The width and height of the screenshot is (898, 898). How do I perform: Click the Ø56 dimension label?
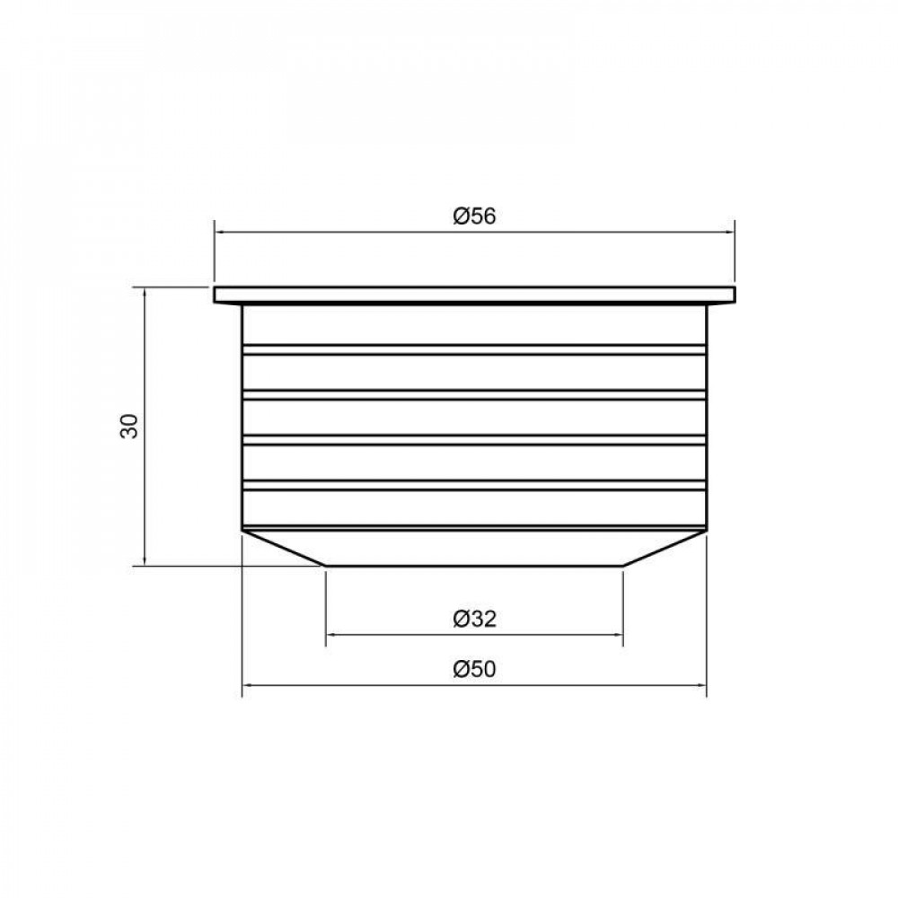point(474,216)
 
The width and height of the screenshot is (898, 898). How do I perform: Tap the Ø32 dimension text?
point(474,619)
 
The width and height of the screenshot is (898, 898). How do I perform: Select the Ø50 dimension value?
point(474,669)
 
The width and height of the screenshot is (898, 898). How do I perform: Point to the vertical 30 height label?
point(129,426)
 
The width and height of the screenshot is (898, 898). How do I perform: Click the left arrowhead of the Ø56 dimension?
point(218,232)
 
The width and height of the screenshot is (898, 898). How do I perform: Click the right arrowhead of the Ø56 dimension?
point(730,232)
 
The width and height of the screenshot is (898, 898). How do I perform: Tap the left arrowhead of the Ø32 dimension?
point(330,635)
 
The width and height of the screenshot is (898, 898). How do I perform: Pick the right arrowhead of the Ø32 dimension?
point(619,635)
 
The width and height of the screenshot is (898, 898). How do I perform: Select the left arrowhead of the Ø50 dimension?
point(247,685)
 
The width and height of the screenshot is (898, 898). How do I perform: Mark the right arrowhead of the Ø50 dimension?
point(702,685)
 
